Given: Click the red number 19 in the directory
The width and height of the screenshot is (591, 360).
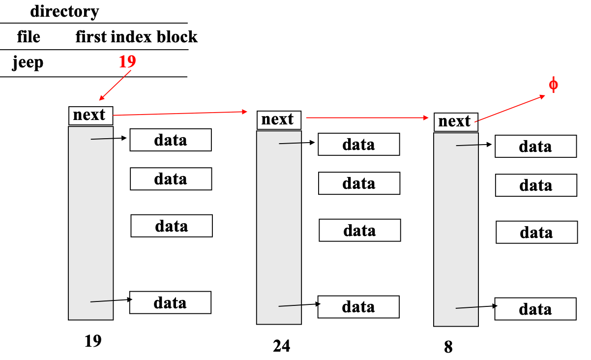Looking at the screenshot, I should point(127,61).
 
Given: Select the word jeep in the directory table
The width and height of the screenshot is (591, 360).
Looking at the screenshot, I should point(28,63).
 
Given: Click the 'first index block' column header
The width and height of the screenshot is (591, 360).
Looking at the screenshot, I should point(136,37).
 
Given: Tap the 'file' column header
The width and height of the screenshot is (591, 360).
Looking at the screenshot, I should point(29,37).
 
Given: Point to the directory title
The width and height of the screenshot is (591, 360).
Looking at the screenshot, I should point(64,11).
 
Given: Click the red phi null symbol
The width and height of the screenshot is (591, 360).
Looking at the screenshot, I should point(553,85).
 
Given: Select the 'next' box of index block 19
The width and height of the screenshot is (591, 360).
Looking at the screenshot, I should point(90,115).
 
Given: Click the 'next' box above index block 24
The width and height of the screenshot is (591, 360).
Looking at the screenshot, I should point(278,120).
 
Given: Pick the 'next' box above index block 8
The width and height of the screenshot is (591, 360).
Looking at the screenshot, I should point(455,121).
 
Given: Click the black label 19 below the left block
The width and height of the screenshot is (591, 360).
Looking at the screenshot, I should point(92,341).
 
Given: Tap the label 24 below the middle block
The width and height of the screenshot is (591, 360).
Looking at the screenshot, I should point(281,346).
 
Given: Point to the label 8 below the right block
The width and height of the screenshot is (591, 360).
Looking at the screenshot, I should point(448,347).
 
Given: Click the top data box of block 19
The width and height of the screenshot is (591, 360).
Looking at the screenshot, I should point(171,140).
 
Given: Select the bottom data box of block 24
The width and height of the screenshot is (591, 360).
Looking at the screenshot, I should point(358,307).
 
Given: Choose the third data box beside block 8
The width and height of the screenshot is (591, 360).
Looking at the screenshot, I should point(536,232).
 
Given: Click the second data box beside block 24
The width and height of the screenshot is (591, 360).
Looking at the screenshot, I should point(359,183).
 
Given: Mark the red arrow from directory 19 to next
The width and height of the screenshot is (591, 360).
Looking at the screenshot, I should point(115,85).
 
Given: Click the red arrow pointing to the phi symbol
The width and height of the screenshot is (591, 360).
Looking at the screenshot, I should point(510,108).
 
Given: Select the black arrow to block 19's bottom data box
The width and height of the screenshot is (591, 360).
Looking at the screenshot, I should point(110,300).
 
